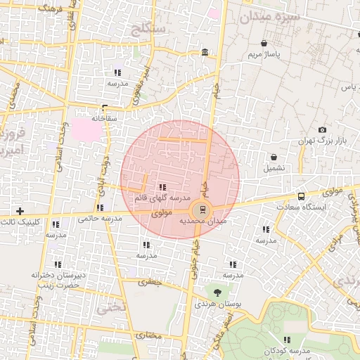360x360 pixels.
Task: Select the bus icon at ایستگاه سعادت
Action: pyautogui.click(x=301, y=196)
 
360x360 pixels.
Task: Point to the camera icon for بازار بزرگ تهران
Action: pyautogui.click(x=322, y=130)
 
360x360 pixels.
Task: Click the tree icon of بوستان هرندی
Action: pyautogui.click(x=217, y=291)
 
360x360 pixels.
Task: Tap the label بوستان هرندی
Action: pyautogui.click(x=214, y=304)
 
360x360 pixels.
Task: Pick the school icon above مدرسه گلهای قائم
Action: pyautogui.click(x=162, y=187)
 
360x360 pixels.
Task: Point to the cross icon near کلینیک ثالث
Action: pyautogui.click(x=20, y=211)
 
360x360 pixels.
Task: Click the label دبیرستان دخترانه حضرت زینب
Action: pyautogui.click(x=58, y=281)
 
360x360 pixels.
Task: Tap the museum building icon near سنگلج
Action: pyautogui.click(x=205, y=52)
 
